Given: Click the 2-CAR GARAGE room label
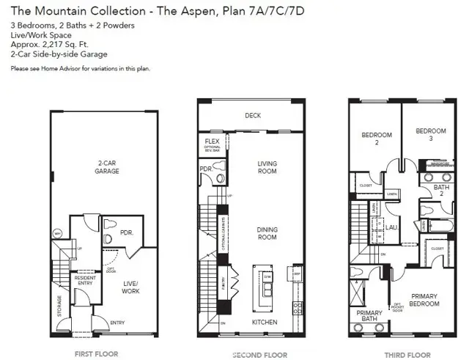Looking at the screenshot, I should [x=106, y=167].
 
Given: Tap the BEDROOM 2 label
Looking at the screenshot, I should [x=377, y=139].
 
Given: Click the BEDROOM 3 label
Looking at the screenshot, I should [x=430, y=135].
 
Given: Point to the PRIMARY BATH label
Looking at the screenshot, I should [x=369, y=316].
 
